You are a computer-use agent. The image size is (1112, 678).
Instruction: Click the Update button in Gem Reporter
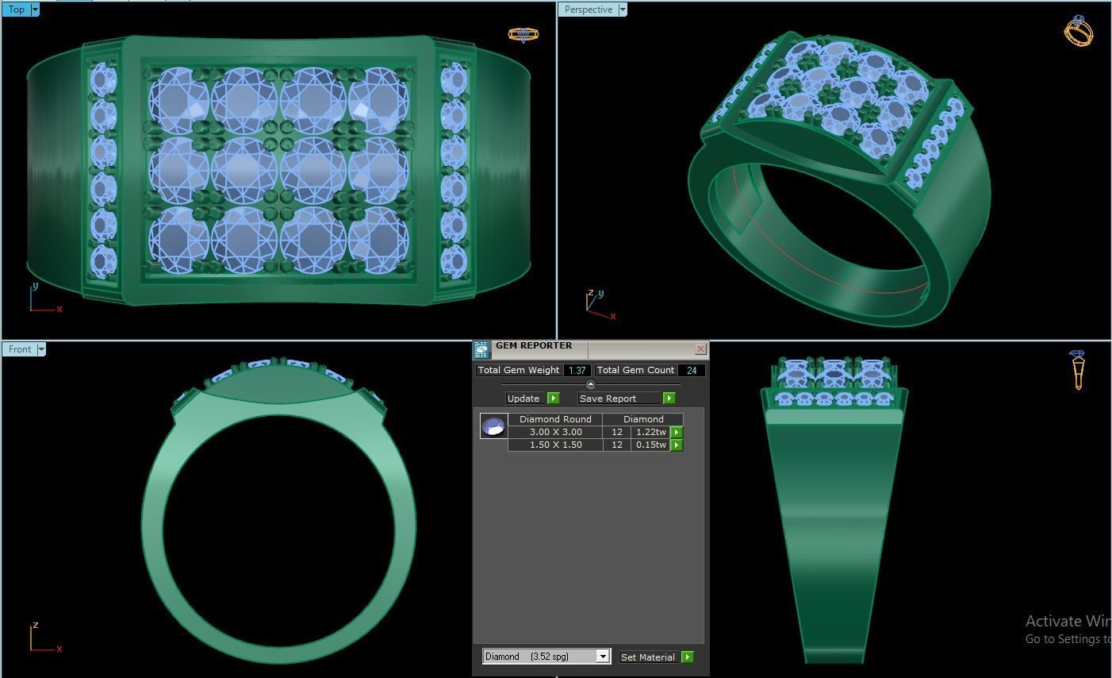(x=524, y=399)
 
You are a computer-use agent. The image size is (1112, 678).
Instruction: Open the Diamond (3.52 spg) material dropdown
(x=602, y=657)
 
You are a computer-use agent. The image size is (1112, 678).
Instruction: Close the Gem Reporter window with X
(x=700, y=349)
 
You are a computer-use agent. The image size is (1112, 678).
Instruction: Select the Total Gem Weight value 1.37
(x=577, y=370)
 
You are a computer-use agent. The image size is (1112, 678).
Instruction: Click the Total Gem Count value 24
(x=692, y=370)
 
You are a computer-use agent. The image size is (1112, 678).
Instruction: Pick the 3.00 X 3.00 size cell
(x=555, y=432)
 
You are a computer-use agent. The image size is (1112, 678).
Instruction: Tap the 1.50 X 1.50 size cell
(x=555, y=445)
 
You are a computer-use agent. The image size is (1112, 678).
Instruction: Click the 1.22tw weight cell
(x=650, y=432)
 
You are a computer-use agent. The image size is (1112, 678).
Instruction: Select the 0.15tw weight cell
(x=650, y=445)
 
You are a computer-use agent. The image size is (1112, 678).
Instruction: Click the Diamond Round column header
(x=555, y=419)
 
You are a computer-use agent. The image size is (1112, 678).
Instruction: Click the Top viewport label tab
(x=16, y=10)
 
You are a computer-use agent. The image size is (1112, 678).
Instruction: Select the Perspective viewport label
(x=588, y=10)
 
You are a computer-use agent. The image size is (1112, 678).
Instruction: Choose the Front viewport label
(x=20, y=349)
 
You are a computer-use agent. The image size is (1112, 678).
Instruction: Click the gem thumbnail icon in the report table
(x=493, y=426)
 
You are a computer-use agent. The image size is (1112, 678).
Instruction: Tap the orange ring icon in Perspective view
(x=1079, y=31)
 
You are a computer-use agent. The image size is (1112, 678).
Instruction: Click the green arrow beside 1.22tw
(x=677, y=432)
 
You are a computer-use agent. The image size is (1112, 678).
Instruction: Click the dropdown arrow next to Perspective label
(x=623, y=10)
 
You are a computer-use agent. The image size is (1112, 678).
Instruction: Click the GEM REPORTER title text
(x=534, y=346)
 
